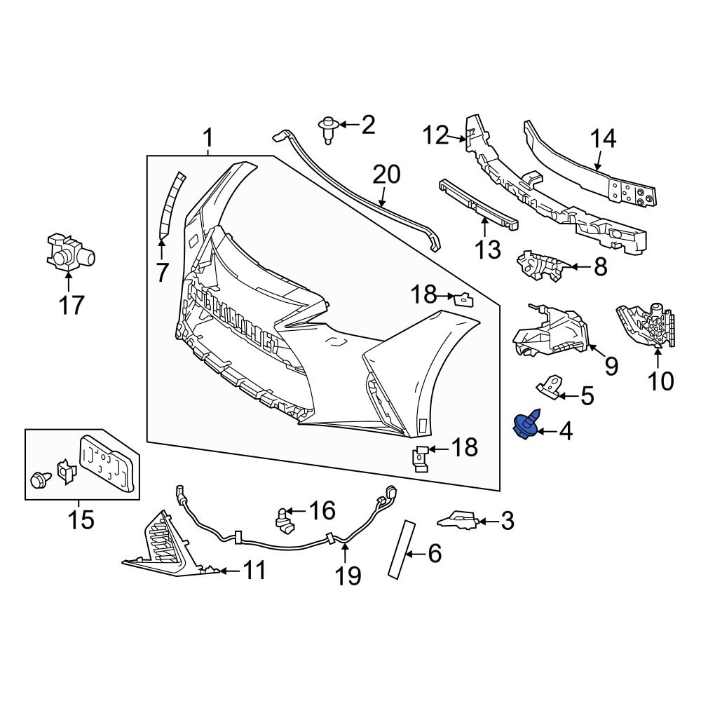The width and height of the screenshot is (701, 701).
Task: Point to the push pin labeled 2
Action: [x=328, y=128]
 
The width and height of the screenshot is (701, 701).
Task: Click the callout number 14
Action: [x=602, y=139]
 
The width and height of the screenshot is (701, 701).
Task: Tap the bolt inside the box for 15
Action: [x=41, y=480]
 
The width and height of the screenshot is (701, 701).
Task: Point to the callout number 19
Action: [x=348, y=576]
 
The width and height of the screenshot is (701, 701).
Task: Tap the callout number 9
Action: [x=611, y=365]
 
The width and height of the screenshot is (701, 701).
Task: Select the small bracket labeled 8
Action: [x=540, y=266]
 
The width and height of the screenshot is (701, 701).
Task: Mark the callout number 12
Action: [x=434, y=135]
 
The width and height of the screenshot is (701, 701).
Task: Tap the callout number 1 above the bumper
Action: [x=207, y=137]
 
